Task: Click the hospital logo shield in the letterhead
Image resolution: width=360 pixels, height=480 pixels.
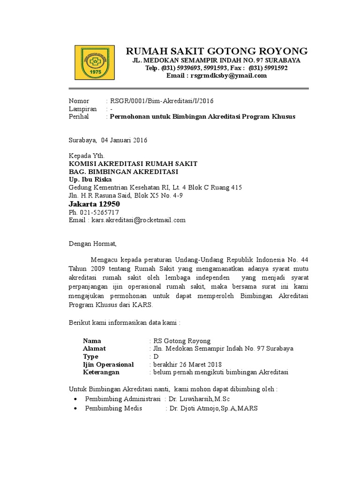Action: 95,62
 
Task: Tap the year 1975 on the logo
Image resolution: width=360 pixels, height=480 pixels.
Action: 95,72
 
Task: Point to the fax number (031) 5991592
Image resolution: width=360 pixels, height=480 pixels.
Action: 268,68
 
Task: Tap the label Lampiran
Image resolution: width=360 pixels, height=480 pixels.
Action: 83,109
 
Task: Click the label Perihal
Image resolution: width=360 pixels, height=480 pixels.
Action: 79,116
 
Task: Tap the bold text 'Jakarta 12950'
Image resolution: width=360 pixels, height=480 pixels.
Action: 94,204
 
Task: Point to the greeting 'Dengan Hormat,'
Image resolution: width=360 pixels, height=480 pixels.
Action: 92,244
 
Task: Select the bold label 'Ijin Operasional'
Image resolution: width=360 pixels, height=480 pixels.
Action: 108,364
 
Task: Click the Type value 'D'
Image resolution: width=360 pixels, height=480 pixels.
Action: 157,357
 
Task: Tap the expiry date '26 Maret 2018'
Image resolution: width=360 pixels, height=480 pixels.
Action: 201,364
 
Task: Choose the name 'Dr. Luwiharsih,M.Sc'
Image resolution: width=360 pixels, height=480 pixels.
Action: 199,398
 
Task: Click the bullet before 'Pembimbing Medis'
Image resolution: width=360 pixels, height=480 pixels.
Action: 76,408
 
